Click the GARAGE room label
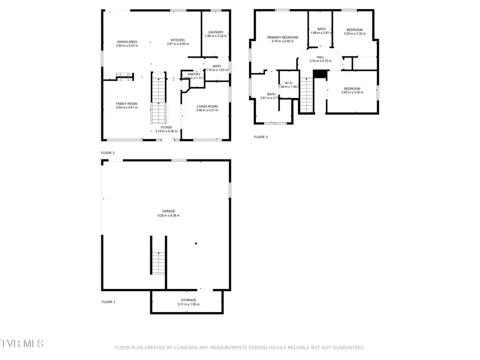(169, 211)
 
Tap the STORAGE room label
(188, 300)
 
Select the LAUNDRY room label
(215, 32)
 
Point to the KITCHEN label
(178, 40)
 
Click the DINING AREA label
(127, 42)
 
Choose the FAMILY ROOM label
(127, 103)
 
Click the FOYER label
(166, 127)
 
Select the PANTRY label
(193, 74)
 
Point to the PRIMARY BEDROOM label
(283, 37)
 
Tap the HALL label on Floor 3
(320, 57)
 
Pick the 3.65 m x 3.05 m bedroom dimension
(352, 92)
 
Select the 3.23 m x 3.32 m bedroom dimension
(354, 34)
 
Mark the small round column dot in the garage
(196, 244)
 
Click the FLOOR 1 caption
(108, 302)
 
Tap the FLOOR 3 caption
(261, 137)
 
